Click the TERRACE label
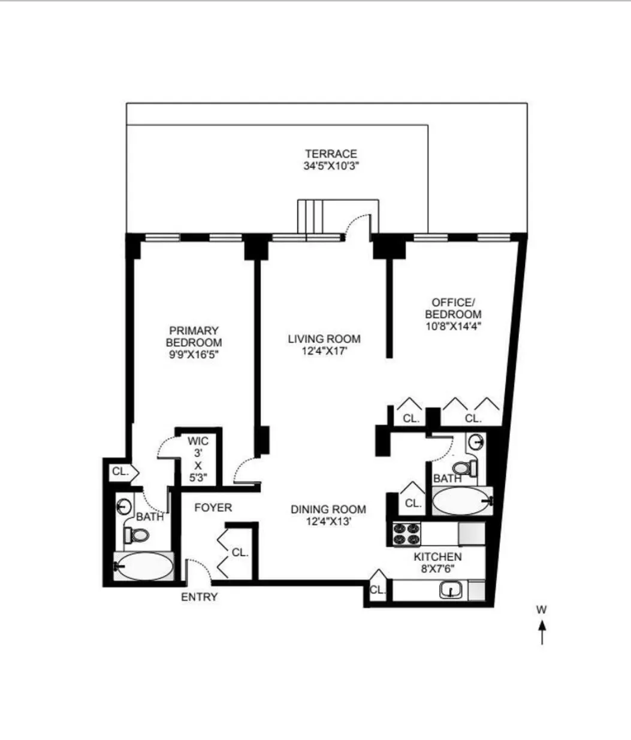tap(331, 154)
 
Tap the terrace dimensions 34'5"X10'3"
tap(331, 166)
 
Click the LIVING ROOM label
tap(324, 339)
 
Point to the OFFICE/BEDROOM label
tap(453, 308)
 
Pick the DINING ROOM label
tap(328, 510)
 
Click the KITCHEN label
tap(437, 557)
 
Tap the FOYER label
tap(213, 508)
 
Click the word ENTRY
tap(200, 597)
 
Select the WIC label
tap(198, 442)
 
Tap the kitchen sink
tap(451, 591)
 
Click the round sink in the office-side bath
tap(476, 443)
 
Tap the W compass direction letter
tap(541, 610)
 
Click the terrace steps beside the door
tap(310, 219)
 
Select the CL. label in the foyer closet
tap(240, 552)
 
